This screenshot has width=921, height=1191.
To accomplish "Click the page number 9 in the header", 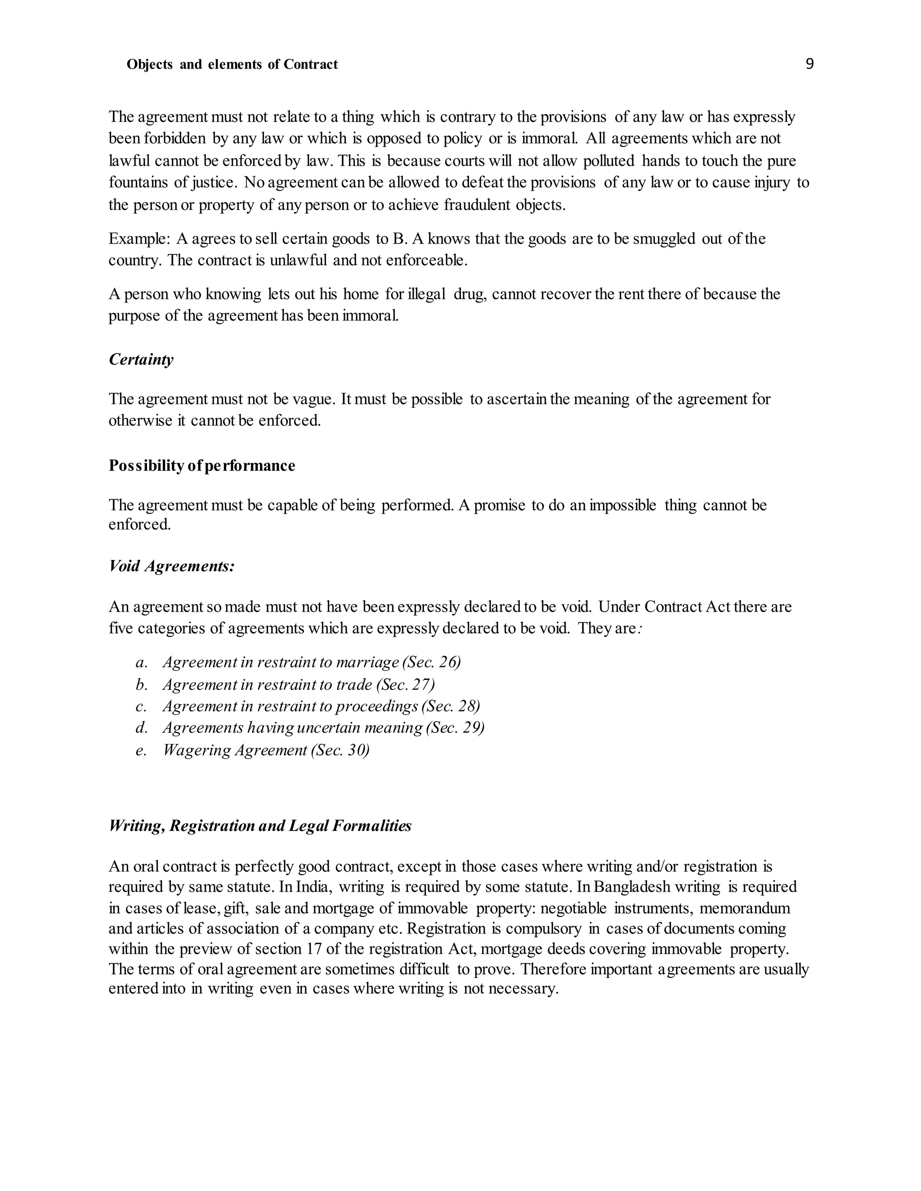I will (x=809, y=64).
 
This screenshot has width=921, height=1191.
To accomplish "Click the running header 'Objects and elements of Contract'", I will (x=232, y=65).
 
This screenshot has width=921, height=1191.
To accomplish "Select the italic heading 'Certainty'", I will (x=141, y=360).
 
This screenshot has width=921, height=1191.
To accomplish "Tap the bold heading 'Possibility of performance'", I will (x=202, y=465).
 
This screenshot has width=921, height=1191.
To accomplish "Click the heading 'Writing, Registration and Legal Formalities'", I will (x=260, y=826).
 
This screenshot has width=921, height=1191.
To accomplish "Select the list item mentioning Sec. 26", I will (x=312, y=662).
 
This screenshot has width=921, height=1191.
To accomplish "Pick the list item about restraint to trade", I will (x=299, y=684).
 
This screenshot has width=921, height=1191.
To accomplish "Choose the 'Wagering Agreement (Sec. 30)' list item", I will (x=266, y=751).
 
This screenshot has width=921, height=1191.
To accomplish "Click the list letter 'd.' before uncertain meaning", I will (x=142, y=728).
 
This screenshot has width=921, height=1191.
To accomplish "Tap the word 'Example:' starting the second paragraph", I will (x=140, y=239).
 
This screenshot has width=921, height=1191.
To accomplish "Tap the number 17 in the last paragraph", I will (x=313, y=949).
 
